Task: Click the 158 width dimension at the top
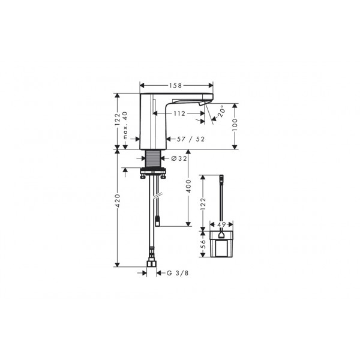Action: pyautogui.click(x=176, y=85)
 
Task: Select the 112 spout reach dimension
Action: pyautogui.click(x=179, y=113)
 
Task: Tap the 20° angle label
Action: pyautogui.click(x=221, y=112)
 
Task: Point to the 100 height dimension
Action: pyautogui.click(x=235, y=125)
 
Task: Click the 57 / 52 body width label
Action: pyautogui.click(x=191, y=139)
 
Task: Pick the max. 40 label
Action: pyautogui.click(x=125, y=125)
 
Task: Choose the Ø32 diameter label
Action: pyautogui.click(x=179, y=158)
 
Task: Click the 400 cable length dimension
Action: pyautogui.click(x=188, y=186)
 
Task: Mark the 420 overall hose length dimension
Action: pyautogui.click(x=118, y=200)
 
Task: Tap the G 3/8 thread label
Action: pyautogui.click(x=178, y=273)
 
